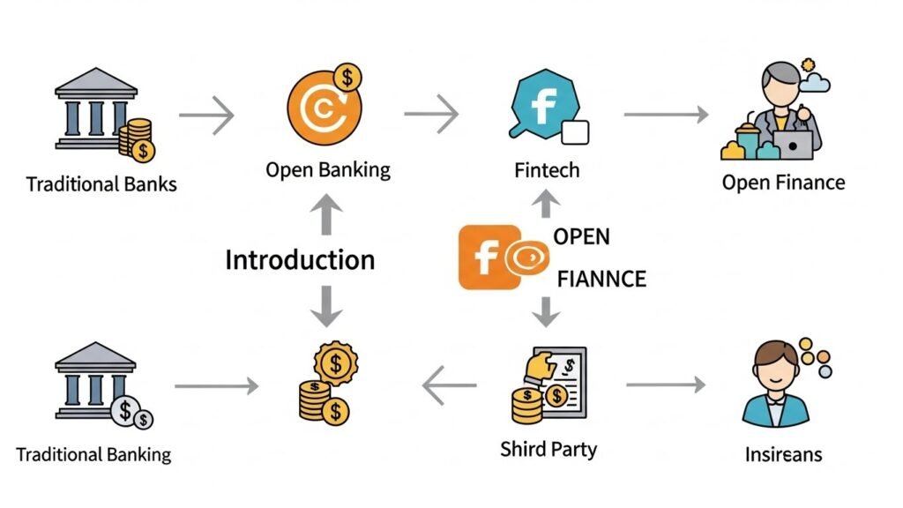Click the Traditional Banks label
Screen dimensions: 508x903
coord(101,184)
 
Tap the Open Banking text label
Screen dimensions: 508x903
coord(328,169)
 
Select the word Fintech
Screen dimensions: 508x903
coord(547,169)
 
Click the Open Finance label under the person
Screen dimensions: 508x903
coord(783,183)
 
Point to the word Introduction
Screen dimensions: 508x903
coord(300,260)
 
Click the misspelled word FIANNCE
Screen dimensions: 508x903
coord(602,280)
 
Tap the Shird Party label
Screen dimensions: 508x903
coord(549,449)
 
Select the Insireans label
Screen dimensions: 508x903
coord(783,454)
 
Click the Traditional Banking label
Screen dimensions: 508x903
coord(93,455)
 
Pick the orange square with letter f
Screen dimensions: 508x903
coord(483,257)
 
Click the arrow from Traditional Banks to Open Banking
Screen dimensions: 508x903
coord(206,115)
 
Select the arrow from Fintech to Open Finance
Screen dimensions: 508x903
coord(666,114)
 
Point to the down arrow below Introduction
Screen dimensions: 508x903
coord(328,306)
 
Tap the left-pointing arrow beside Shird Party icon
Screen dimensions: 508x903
coord(449,385)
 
